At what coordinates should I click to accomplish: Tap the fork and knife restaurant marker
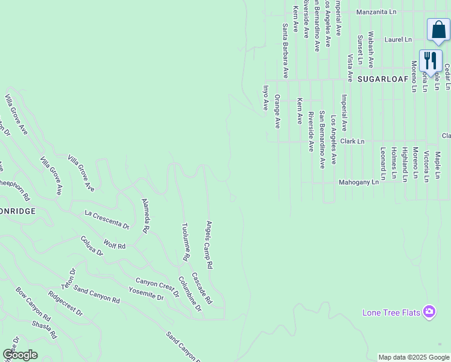coord(430,61)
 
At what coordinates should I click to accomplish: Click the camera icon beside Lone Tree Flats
coord(429,311)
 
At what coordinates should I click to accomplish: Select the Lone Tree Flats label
coord(391,313)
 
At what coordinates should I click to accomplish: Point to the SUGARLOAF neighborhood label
coord(383,79)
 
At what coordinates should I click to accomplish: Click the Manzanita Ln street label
coord(376,11)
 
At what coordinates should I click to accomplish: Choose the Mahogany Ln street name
coord(358,182)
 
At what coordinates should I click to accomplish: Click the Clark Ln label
coord(353,141)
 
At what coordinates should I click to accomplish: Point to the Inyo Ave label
coord(265,97)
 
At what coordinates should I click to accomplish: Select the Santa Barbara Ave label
coord(285,51)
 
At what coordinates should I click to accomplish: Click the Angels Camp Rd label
coord(209,244)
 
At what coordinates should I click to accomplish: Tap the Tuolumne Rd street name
coord(186,242)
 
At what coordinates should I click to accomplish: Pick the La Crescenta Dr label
coord(107,219)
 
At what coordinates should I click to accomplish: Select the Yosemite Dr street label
coord(147,293)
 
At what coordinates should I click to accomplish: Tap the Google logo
coord(20,355)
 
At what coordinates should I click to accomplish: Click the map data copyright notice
coord(414,357)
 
